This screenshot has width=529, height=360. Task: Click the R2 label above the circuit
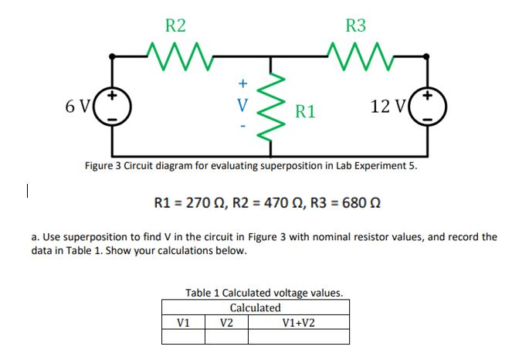coord(176,25)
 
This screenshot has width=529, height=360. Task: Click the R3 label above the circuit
coord(356,25)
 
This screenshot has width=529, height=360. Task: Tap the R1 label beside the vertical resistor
coord(305,112)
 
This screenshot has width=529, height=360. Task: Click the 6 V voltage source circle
coord(113,105)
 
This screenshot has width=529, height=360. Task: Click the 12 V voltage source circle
coord(428,105)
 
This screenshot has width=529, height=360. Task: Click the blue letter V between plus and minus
coord(242,104)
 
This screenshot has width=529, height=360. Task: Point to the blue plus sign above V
coord(242,82)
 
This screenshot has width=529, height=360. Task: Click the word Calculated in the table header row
coord(256,307)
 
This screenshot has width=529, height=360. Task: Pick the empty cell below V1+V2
coord(299,337)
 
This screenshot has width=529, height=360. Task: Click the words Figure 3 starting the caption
coord(106,166)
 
